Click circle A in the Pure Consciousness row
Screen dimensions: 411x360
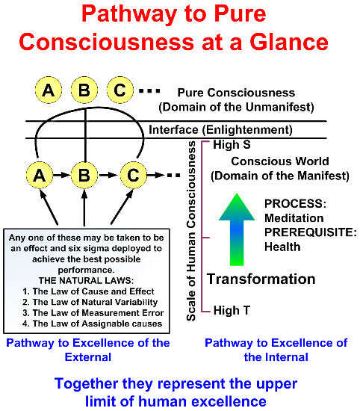pos(49,91)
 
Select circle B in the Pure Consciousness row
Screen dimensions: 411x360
pos(85,91)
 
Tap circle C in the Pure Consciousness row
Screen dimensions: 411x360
pos(122,91)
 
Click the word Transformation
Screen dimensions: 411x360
pos(261,279)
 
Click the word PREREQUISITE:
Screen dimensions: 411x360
pos(305,232)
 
